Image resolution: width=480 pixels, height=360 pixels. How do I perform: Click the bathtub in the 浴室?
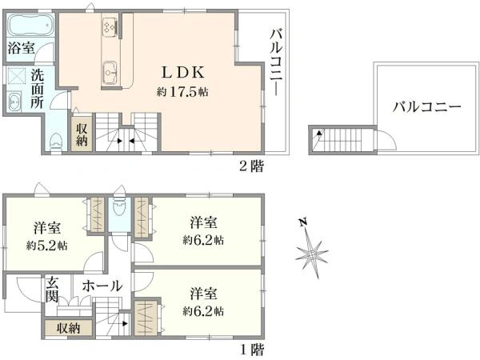(x=30, y=25)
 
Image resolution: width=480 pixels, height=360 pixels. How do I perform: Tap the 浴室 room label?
(x=21, y=48)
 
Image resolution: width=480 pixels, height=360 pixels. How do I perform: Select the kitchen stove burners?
(x=110, y=26)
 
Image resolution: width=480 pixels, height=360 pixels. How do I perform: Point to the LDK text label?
(x=182, y=73)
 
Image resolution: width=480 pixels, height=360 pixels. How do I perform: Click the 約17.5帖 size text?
(x=182, y=91)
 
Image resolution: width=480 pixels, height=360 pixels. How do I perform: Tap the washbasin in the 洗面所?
(x=14, y=101)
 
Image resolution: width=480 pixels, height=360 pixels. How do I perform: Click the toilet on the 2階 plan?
(x=56, y=141)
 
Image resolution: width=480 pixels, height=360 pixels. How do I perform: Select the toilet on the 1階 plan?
(x=119, y=207)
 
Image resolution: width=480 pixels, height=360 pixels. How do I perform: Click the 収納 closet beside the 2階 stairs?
(x=82, y=134)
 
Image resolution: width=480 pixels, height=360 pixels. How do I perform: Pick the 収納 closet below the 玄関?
(x=69, y=328)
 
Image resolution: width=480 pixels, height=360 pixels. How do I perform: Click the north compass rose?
(x=312, y=253)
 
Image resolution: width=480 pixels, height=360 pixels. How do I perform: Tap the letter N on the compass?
(x=303, y=222)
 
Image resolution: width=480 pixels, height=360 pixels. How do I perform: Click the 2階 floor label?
(x=251, y=166)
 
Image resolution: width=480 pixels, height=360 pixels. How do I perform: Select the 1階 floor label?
(x=252, y=349)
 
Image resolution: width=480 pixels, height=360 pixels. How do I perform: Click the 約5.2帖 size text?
(x=47, y=246)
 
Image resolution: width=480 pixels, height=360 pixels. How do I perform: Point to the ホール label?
(x=102, y=286)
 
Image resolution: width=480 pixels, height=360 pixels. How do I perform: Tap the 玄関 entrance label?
(x=52, y=289)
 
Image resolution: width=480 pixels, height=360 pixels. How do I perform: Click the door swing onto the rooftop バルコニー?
(x=386, y=140)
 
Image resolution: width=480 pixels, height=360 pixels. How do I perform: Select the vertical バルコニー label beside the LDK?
(x=276, y=62)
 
